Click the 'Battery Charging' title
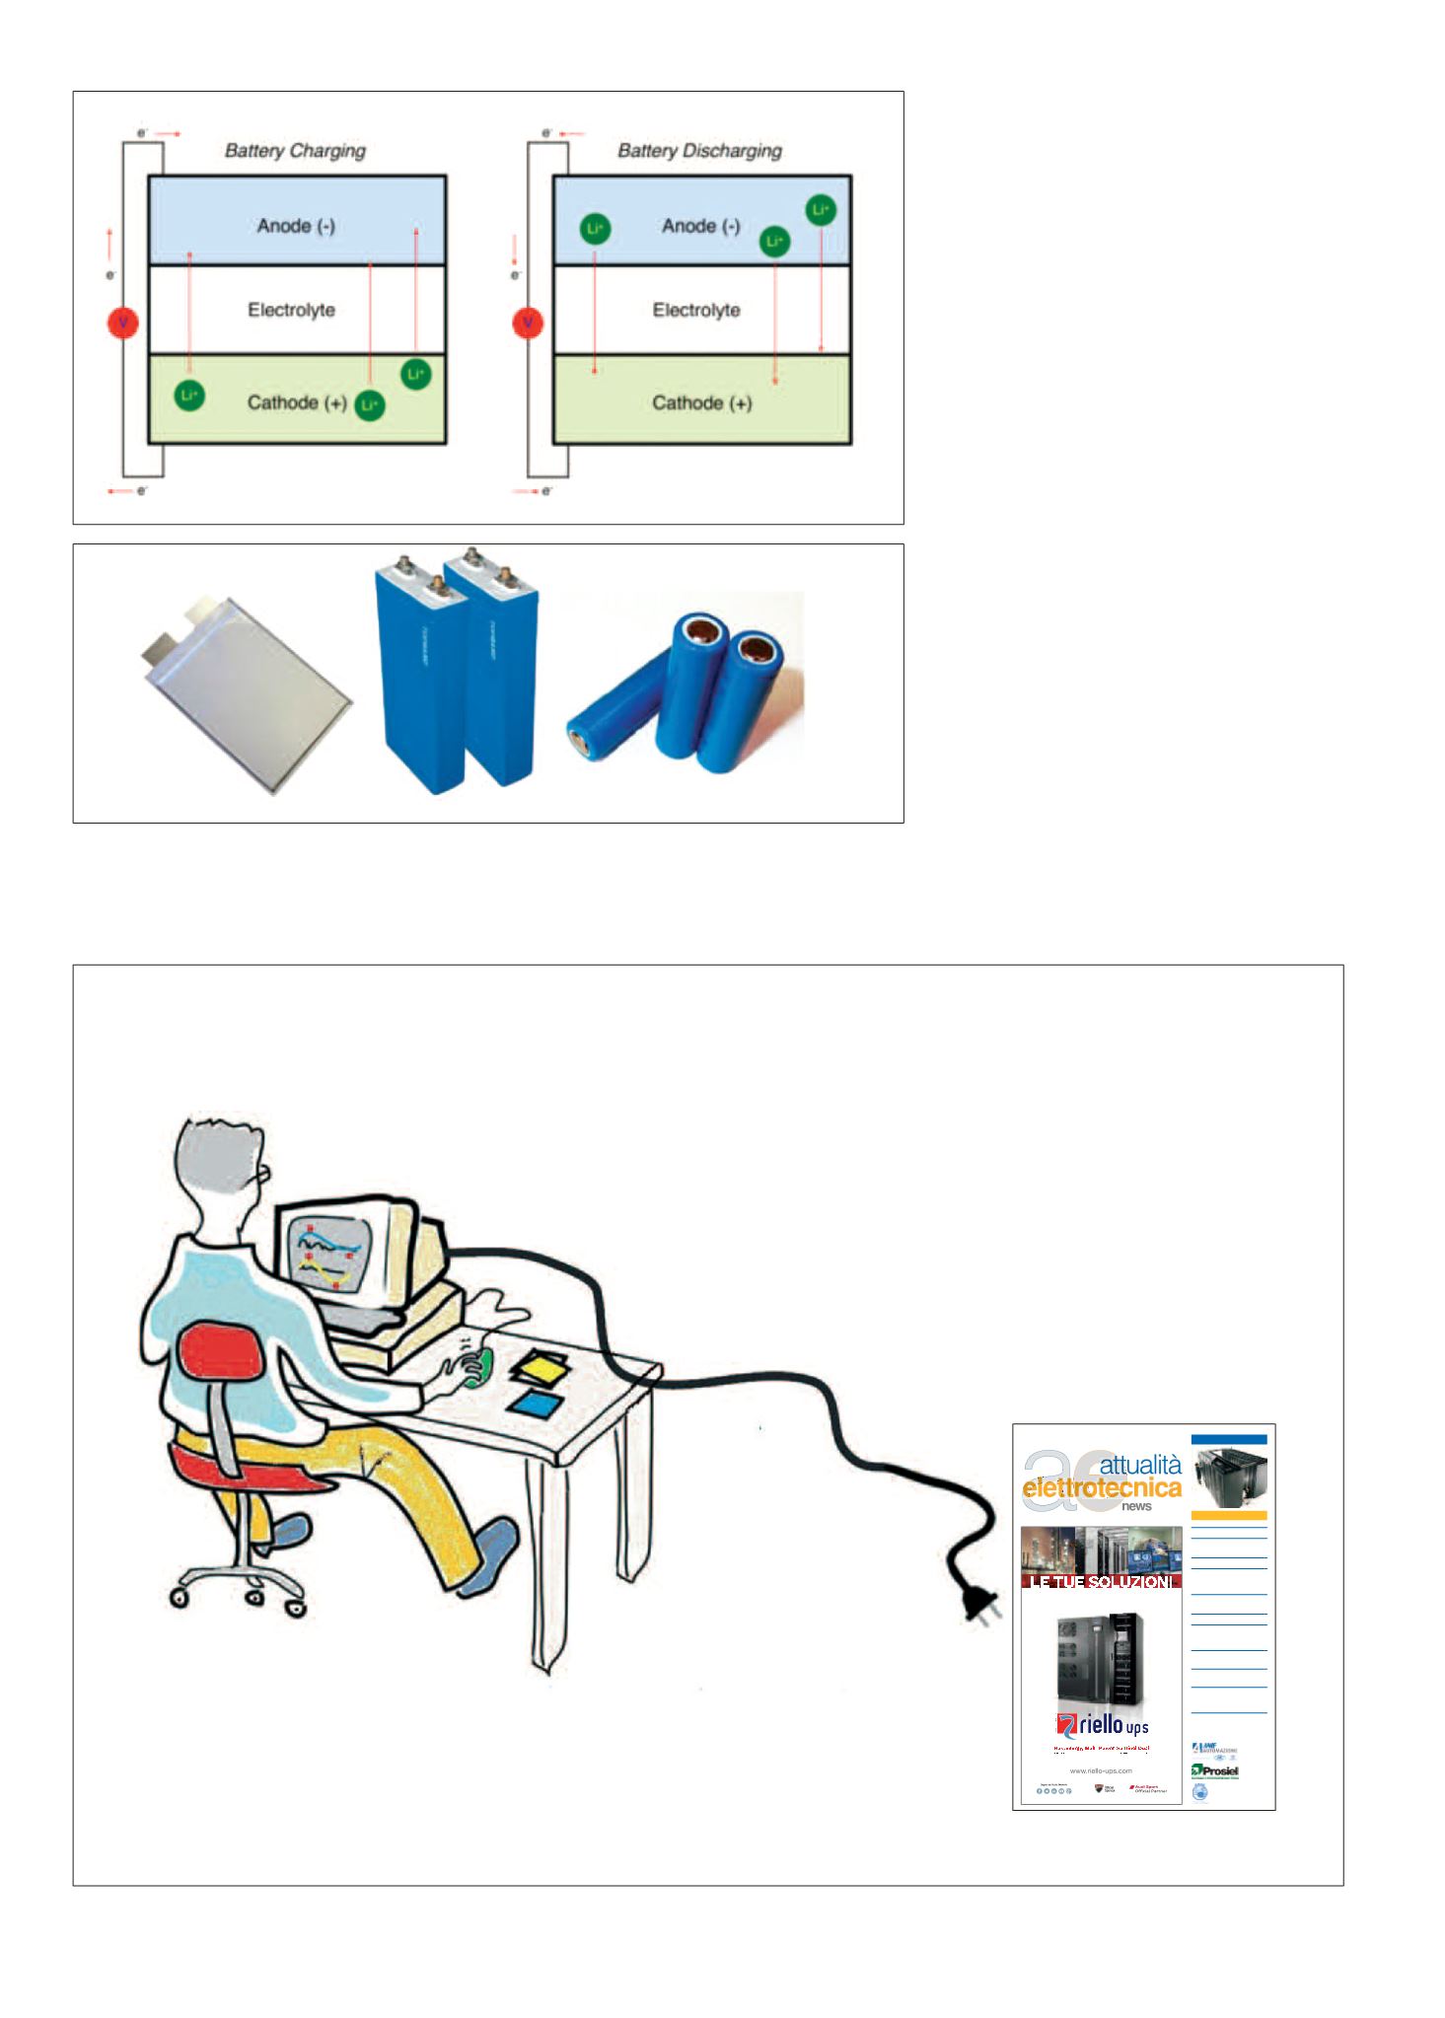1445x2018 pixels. (x=295, y=151)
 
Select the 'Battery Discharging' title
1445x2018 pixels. (x=699, y=151)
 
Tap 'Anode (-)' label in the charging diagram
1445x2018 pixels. (x=296, y=226)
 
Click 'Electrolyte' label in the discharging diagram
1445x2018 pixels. (x=696, y=311)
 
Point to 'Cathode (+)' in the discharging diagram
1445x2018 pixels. (x=701, y=403)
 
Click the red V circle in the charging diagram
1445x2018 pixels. (x=123, y=323)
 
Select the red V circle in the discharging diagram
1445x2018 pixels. (x=529, y=323)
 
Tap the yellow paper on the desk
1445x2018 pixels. (x=540, y=1368)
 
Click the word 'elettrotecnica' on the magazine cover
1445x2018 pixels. (x=1102, y=1488)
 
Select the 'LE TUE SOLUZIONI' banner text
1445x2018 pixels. (x=1101, y=1582)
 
